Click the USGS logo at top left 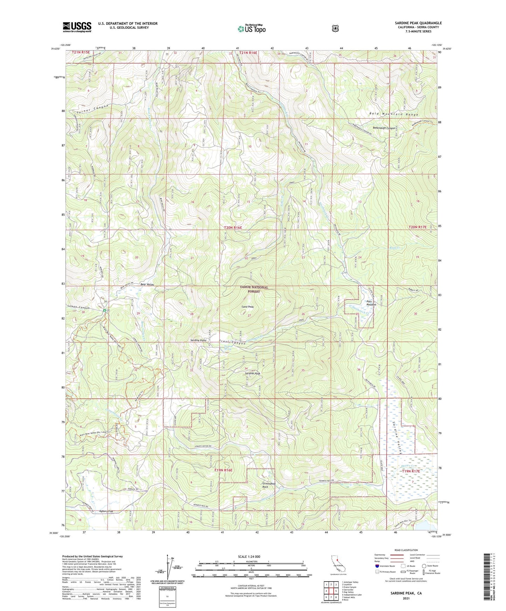[x=77, y=27]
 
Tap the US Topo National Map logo [x=251, y=29]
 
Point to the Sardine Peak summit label [x=252, y=373]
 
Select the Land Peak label [x=248, y=307]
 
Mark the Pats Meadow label [x=371, y=303]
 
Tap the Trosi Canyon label [x=232, y=343]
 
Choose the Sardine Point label [x=198, y=340]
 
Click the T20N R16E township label [x=233, y=227]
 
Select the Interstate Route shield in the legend [x=377, y=566]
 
